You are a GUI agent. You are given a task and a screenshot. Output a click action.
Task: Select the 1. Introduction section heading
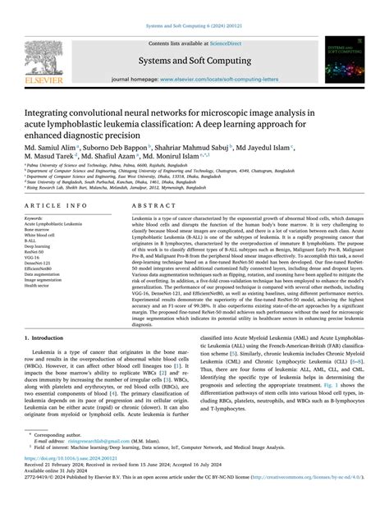(50, 359)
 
